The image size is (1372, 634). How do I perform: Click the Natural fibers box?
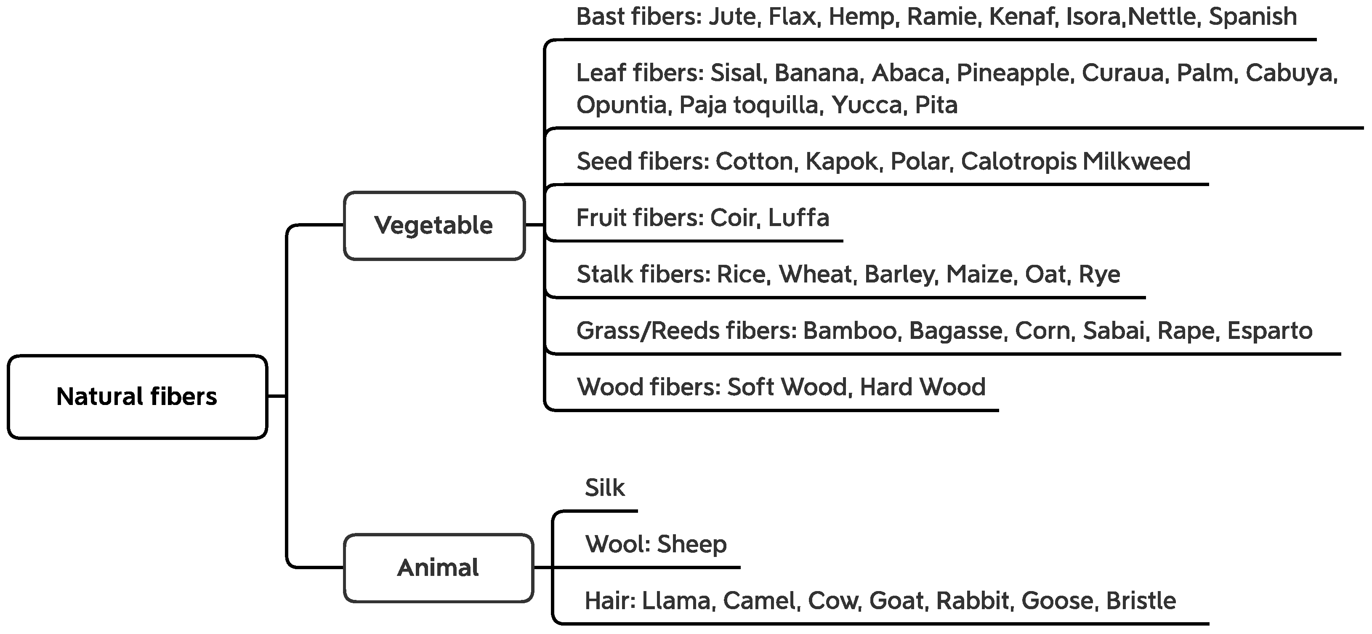click(137, 397)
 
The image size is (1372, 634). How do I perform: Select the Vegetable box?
click(433, 225)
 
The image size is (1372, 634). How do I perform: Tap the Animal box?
click(438, 568)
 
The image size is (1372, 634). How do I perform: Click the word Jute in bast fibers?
click(732, 17)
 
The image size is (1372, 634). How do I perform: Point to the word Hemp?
click(861, 17)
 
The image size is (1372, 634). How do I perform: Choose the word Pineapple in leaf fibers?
click(1013, 73)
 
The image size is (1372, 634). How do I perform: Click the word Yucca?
click(867, 105)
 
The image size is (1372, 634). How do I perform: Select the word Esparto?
click(1270, 331)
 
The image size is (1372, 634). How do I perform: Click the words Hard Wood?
click(923, 387)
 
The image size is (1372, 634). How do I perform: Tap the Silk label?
click(604, 488)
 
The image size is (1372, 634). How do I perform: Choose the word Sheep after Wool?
click(691, 544)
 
